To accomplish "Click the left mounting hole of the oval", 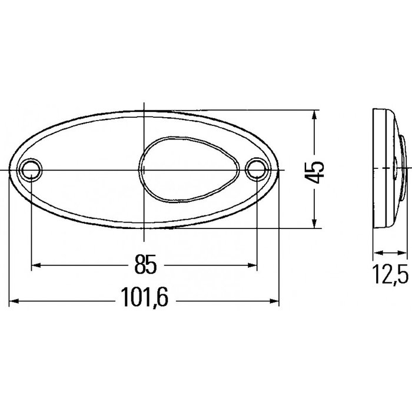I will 30,170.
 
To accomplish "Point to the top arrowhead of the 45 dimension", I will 317,115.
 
